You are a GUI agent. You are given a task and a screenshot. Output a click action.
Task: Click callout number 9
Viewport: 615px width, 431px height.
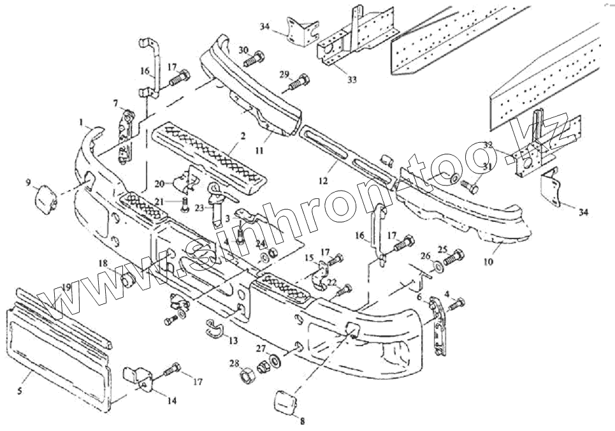pos(28,183)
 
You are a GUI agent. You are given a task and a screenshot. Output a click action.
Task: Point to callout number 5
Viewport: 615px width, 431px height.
pos(20,390)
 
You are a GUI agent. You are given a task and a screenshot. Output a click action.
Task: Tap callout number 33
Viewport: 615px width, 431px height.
pos(352,79)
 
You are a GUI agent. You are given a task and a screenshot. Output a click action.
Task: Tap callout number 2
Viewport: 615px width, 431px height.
pos(243,136)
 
